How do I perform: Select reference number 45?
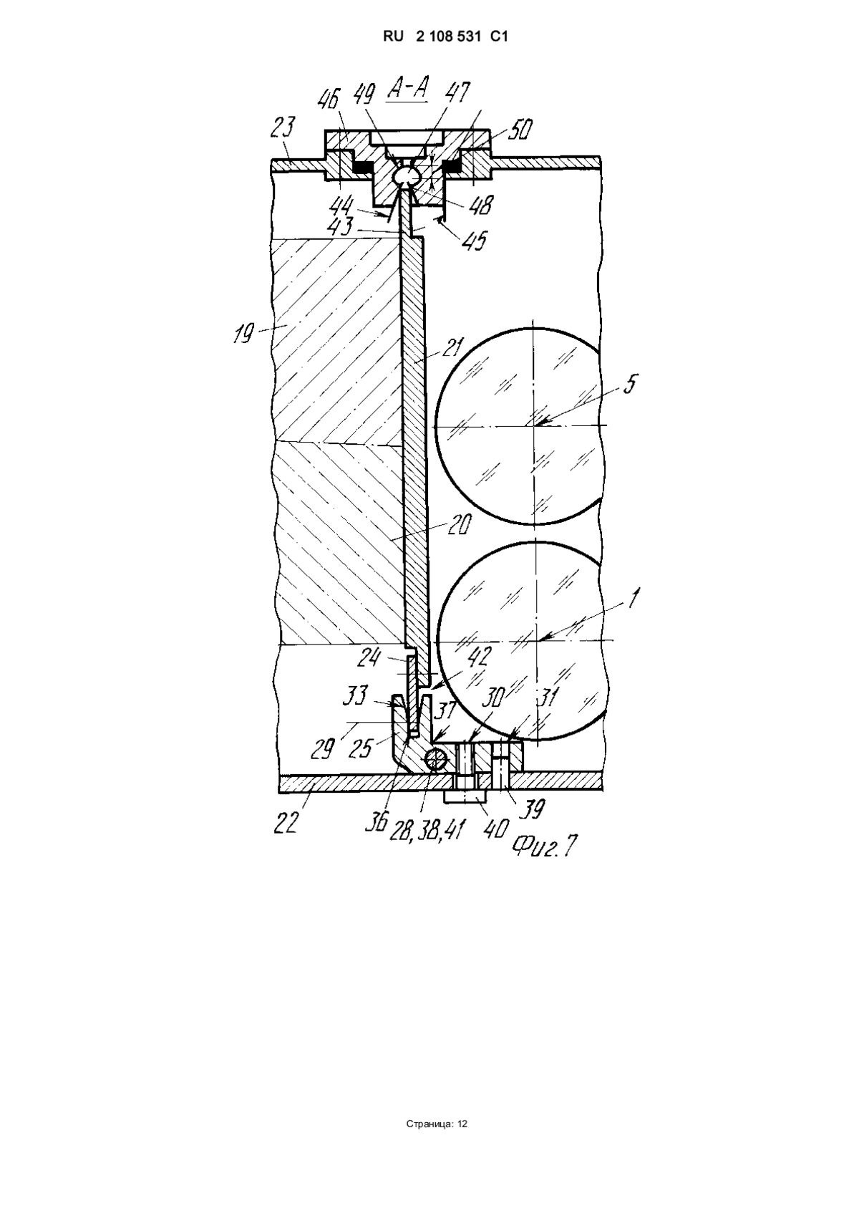pos(475,239)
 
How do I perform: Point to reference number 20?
pos(459,524)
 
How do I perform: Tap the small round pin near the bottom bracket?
pos(435,758)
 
